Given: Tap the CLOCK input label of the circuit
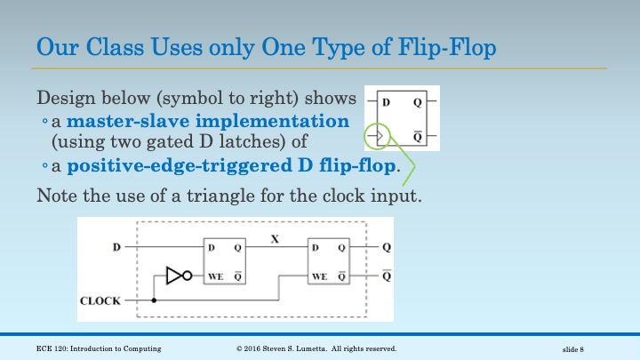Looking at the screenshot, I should (100, 300).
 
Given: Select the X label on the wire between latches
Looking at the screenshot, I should (276, 238).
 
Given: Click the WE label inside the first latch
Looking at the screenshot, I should (215, 276).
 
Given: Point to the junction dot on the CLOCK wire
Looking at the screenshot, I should (154, 300).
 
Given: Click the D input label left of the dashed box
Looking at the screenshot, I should (116, 246).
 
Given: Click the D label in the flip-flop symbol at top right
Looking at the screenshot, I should (387, 102).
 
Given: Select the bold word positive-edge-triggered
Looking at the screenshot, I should (199, 165).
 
